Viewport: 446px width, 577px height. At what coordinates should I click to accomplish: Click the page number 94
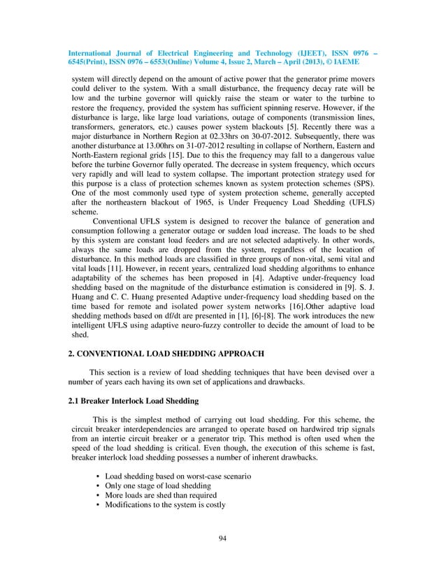tap(223, 537)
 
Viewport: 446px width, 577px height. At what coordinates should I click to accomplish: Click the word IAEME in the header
tap(358, 59)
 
